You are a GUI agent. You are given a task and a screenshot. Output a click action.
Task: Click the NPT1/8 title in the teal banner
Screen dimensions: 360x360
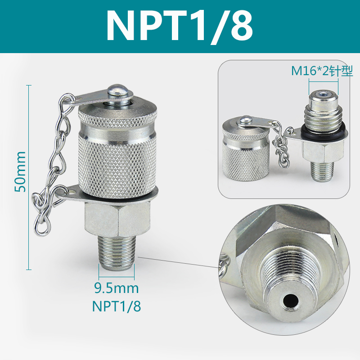click(x=180, y=26)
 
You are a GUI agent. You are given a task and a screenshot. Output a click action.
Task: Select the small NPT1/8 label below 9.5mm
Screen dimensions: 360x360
click(x=117, y=306)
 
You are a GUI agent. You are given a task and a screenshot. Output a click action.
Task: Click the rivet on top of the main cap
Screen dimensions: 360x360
click(x=118, y=90)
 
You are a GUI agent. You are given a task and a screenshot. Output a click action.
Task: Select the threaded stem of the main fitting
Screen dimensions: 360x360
click(x=117, y=254)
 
